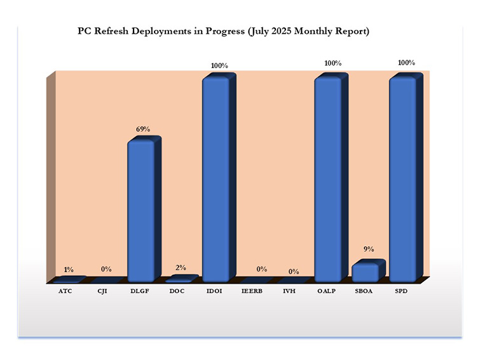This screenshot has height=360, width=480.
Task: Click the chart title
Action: (x=223, y=31)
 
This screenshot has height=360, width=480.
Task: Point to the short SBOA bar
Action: (x=365, y=272)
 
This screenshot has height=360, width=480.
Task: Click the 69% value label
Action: (x=142, y=129)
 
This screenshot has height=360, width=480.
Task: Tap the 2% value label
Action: (x=181, y=268)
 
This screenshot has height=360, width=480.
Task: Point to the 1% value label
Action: (x=68, y=270)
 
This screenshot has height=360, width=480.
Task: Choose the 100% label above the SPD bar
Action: (x=406, y=63)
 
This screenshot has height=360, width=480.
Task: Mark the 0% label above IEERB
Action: (x=261, y=269)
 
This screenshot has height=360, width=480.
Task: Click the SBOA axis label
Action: (x=363, y=291)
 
